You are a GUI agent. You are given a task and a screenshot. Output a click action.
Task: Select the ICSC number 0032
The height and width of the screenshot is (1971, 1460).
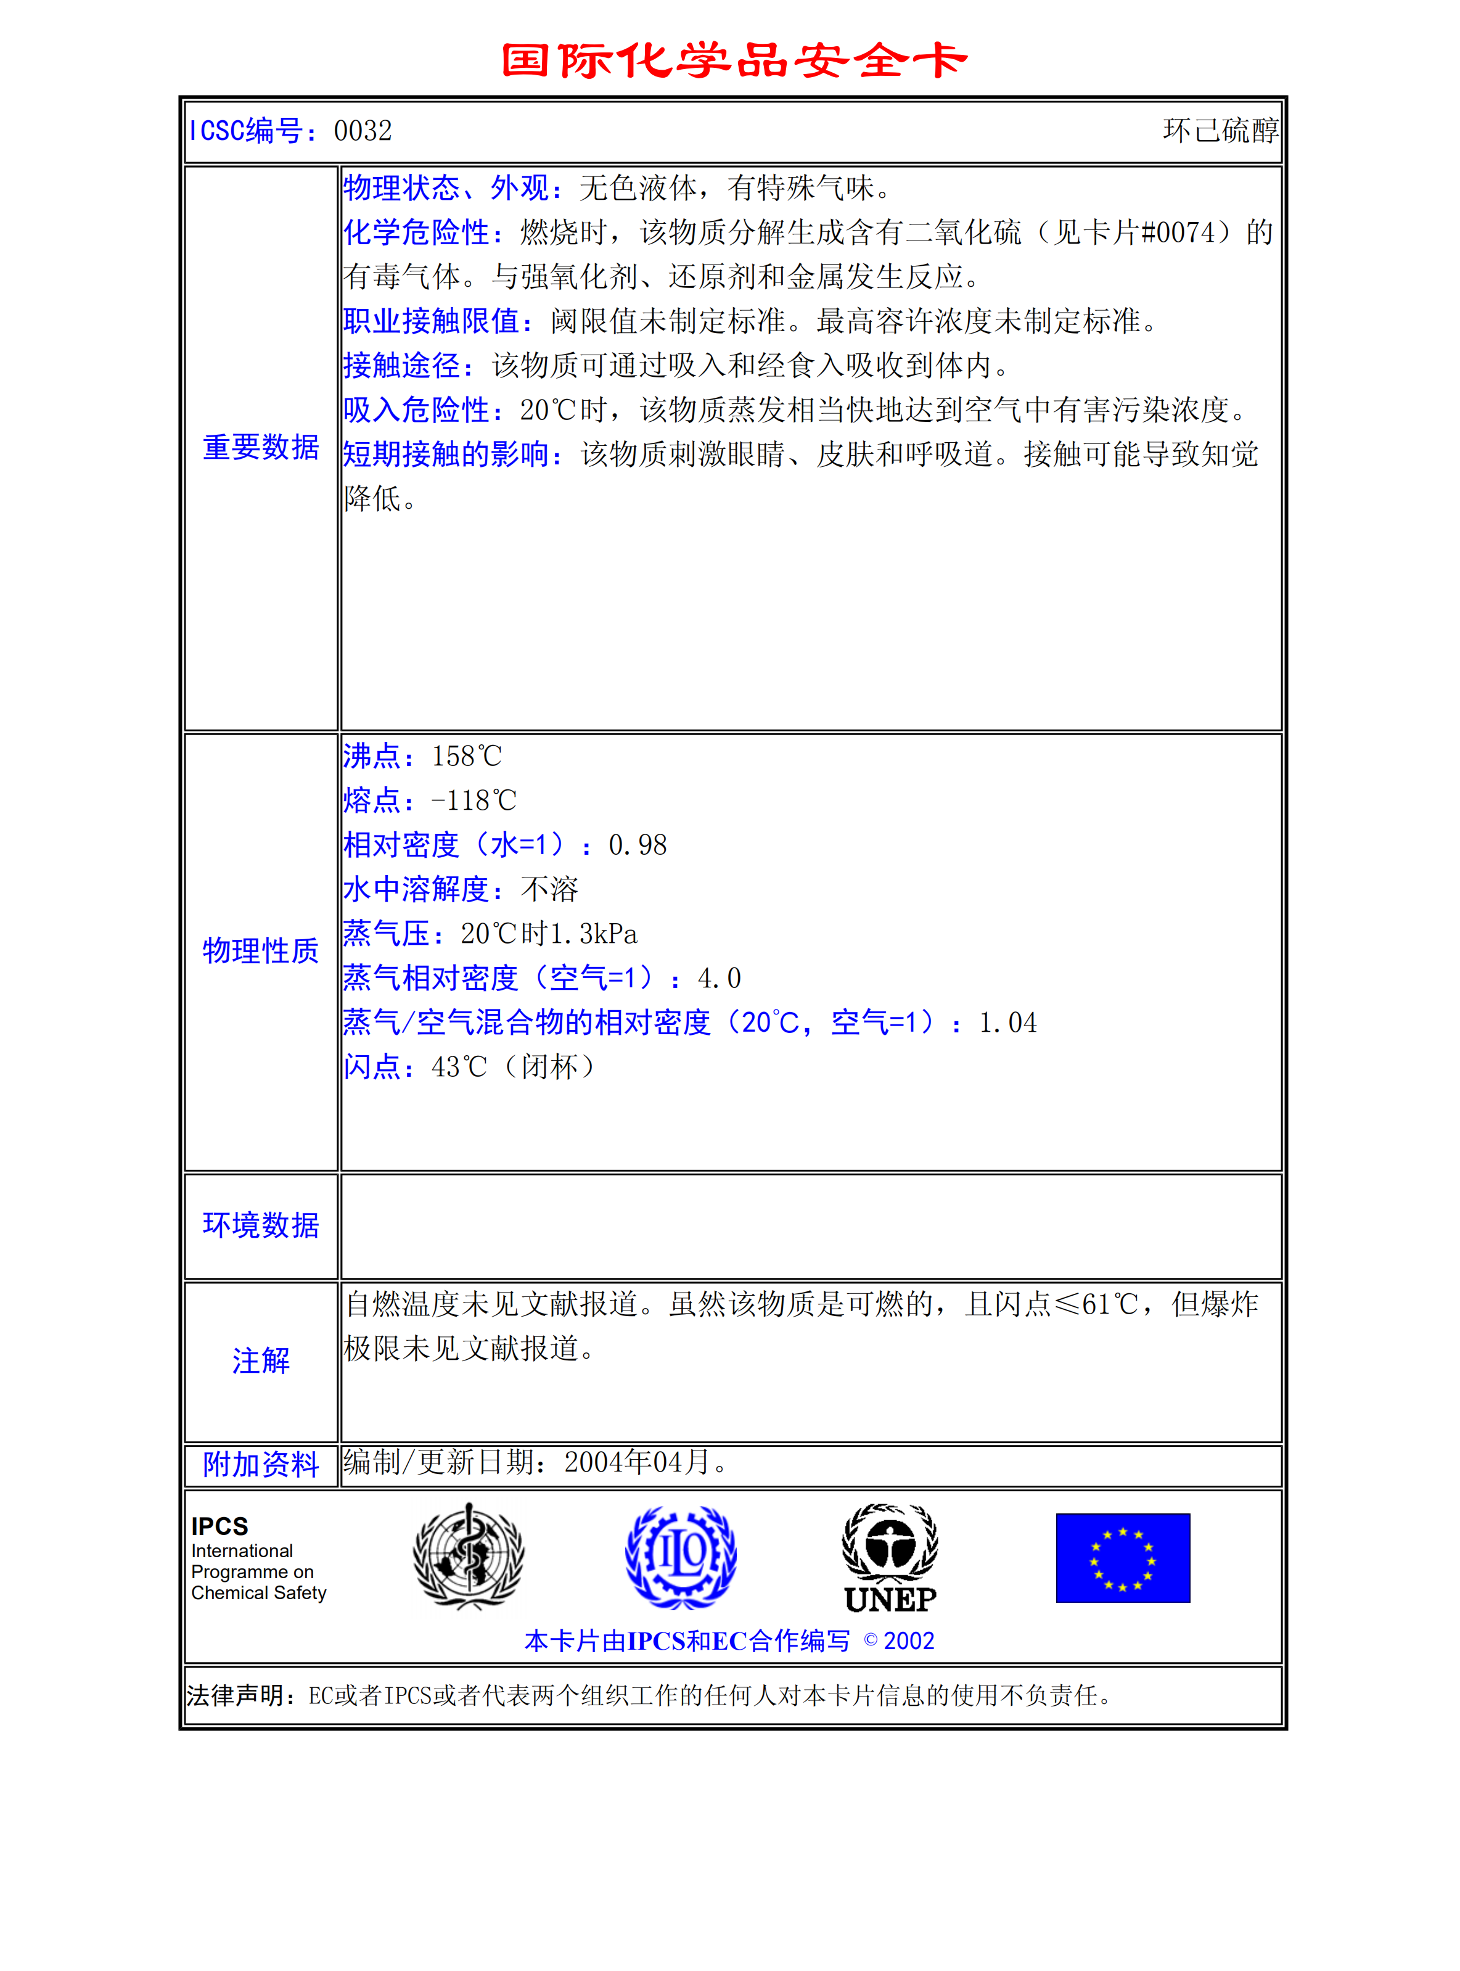(363, 131)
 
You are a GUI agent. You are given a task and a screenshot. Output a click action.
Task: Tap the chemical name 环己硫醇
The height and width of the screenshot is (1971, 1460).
(1220, 131)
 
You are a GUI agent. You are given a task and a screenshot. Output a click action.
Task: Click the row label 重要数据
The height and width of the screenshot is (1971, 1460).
(261, 447)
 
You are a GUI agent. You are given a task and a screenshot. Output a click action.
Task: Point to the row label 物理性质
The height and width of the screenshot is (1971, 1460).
(261, 951)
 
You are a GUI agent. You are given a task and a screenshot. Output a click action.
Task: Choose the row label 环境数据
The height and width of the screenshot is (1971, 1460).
(261, 1225)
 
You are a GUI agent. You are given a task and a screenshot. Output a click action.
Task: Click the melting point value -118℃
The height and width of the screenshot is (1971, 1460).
(474, 800)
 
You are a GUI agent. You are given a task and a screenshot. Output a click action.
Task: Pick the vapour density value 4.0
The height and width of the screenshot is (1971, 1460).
(718, 979)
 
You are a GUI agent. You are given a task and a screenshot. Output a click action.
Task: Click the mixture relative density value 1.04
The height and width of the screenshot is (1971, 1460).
(1007, 1023)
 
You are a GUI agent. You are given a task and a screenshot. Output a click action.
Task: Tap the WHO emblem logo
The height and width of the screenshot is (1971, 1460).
(469, 1557)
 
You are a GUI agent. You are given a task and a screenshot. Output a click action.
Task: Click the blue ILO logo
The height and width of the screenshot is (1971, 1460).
(681, 1557)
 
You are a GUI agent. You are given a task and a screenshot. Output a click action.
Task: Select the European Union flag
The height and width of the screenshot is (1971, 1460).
(1122, 1557)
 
